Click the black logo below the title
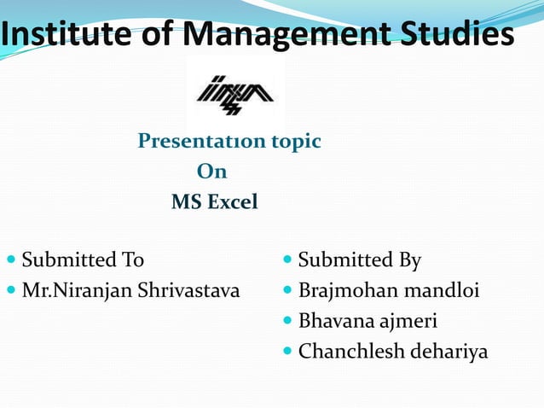coord(235,93)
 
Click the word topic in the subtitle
coord(294,141)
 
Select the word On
coord(211,172)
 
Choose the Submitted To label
coord(83,259)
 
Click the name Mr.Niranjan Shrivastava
coord(130,291)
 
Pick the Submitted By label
coord(359,259)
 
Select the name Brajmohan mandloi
coord(388,291)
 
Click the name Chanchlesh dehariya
coord(393,352)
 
